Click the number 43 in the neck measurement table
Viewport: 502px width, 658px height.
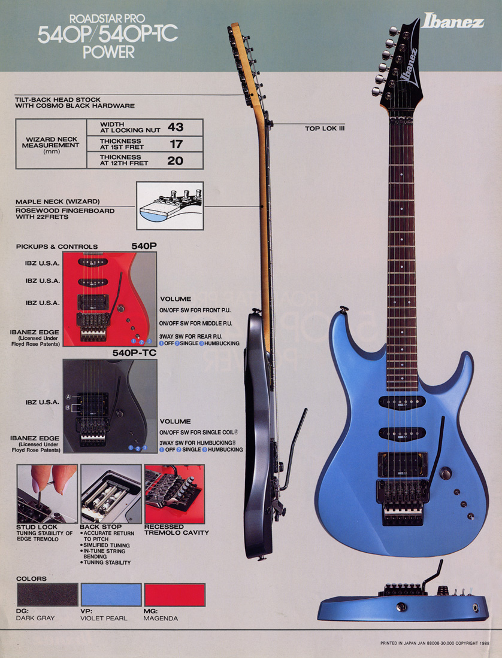[x=175, y=127]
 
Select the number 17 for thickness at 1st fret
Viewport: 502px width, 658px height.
[x=176, y=144]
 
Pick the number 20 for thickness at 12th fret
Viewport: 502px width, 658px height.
[x=175, y=160]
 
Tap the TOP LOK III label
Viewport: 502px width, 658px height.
[x=325, y=128]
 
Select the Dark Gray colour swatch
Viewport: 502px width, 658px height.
[x=47, y=595]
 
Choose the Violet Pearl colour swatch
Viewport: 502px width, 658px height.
[x=111, y=595]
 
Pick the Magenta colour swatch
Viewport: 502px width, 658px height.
[x=174, y=595]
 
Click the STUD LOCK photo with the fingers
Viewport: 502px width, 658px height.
[x=47, y=493]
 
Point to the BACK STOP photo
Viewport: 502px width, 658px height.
[x=111, y=493]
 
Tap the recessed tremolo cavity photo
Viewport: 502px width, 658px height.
[x=174, y=493]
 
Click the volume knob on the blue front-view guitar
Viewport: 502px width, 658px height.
[x=445, y=473]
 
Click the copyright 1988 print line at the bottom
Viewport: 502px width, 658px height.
[x=435, y=644]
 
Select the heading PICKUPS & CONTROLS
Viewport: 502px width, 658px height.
[x=58, y=246]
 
